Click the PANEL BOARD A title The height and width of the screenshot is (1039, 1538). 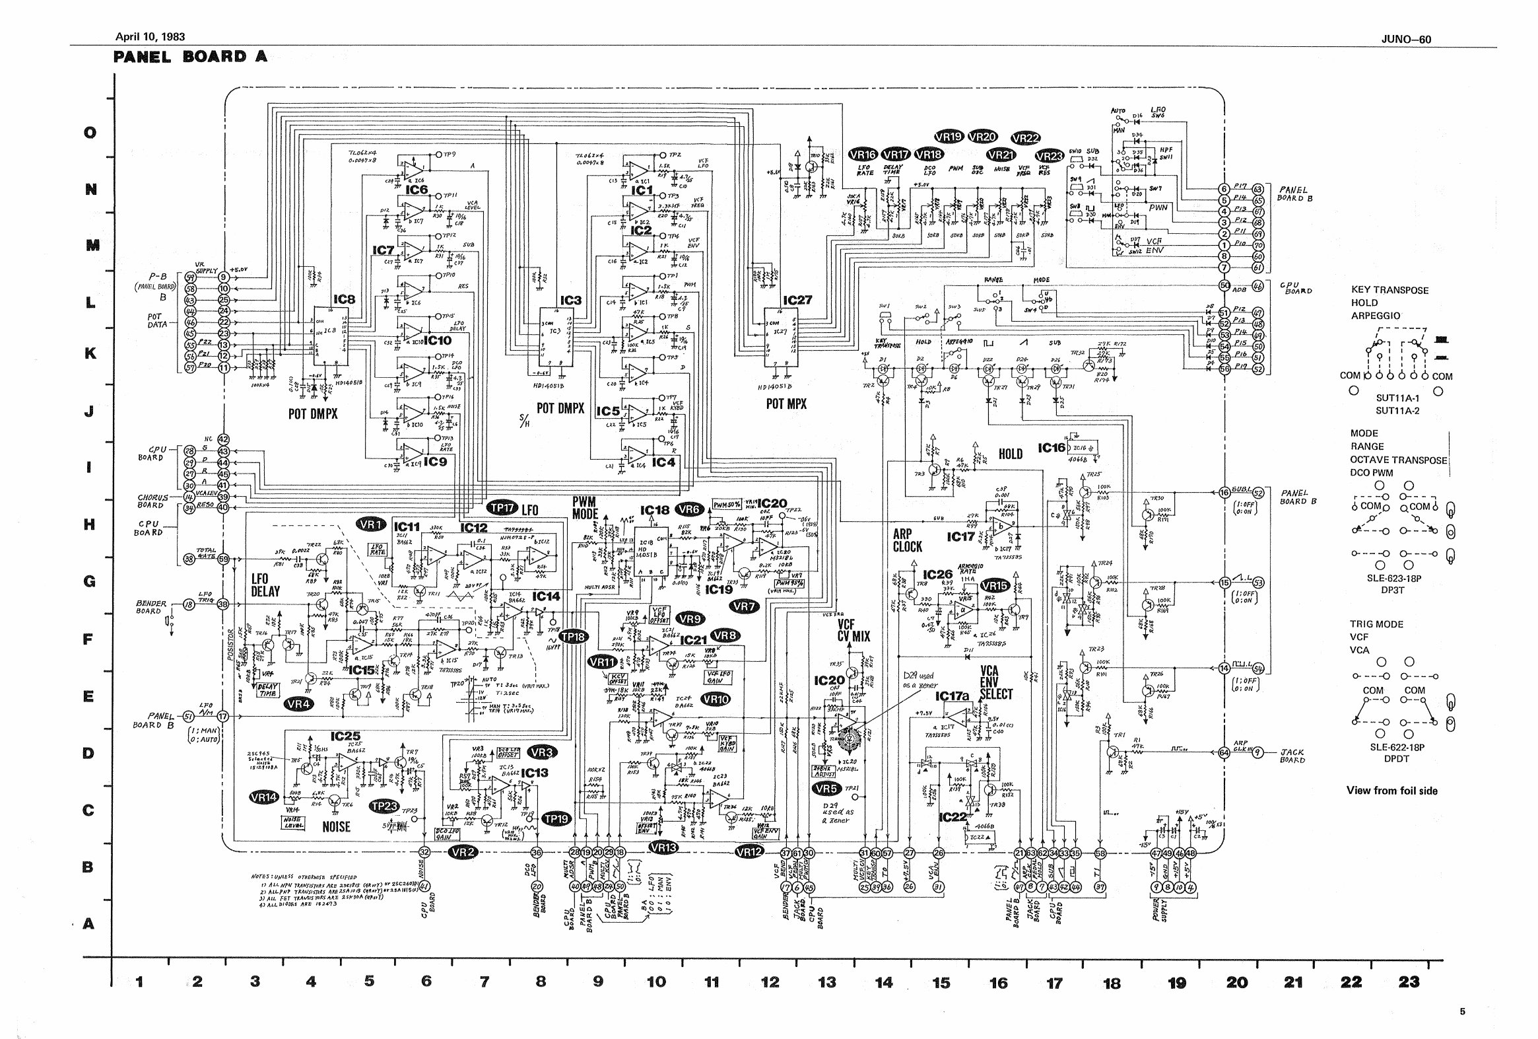coord(191,56)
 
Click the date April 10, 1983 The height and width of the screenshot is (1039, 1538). coord(150,37)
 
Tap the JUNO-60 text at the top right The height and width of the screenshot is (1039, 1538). coord(1405,40)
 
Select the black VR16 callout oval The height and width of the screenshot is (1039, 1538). coord(863,155)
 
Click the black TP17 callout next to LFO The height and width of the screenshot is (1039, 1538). coord(502,508)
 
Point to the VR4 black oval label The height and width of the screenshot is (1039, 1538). coord(298,704)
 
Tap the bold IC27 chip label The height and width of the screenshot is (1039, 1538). coord(797,300)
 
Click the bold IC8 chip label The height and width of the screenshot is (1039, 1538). coord(343,299)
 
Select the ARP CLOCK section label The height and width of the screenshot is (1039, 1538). coord(907,540)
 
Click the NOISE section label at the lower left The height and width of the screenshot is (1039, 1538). coord(336,826)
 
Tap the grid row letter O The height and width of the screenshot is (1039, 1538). coord(89,133)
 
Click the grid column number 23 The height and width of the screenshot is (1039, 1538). coord(1408,982)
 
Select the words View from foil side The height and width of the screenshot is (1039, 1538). coord(1391,790)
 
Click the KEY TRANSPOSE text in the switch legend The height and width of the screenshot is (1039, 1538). coord(1389,290)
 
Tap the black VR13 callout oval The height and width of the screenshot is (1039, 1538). coord(663,847)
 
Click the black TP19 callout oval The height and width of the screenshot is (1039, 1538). coord(556,818)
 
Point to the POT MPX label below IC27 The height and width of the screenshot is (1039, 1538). coord(786,404)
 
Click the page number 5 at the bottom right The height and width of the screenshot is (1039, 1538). coord(1462,1011)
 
